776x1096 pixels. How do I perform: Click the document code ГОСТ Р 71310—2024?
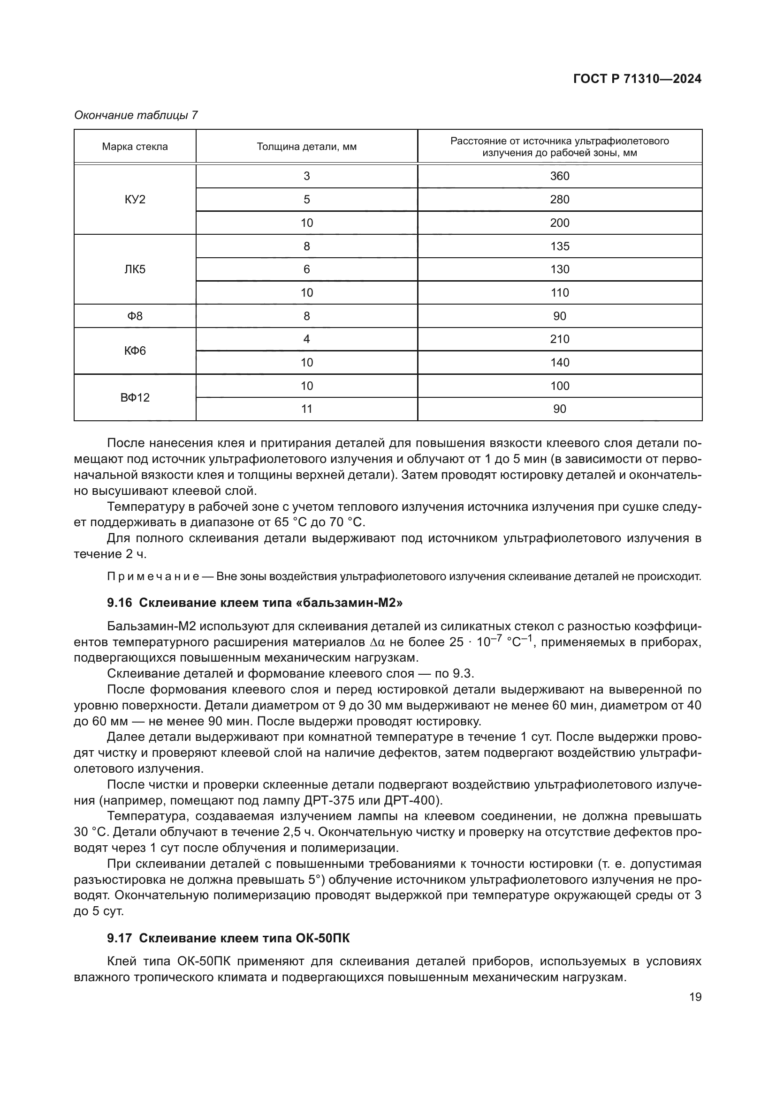tap(637, 79)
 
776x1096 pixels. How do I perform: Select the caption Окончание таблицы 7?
tap(136, 115)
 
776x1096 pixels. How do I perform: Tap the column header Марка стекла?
tap(135, 147)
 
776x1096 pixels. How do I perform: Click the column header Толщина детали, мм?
tap(306, 147)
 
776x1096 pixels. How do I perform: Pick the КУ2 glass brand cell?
tap(135, 200)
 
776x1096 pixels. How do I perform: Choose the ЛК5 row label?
tap(135, 269)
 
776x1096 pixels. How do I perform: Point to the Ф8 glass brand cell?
tap(135, 316)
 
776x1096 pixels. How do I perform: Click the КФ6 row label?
tap(135, 351)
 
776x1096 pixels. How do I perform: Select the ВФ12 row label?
tap(135, 397)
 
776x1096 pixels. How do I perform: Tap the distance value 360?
tap(560, 176)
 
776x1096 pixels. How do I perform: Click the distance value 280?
tap(560, 200)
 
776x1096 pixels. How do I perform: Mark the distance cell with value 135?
tap(560, 246)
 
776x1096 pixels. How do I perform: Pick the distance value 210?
tap(560, 339)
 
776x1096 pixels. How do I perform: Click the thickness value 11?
tap(306, 409)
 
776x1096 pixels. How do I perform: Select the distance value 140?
tap(560, 362)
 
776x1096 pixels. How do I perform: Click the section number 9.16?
tap(119, 603)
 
